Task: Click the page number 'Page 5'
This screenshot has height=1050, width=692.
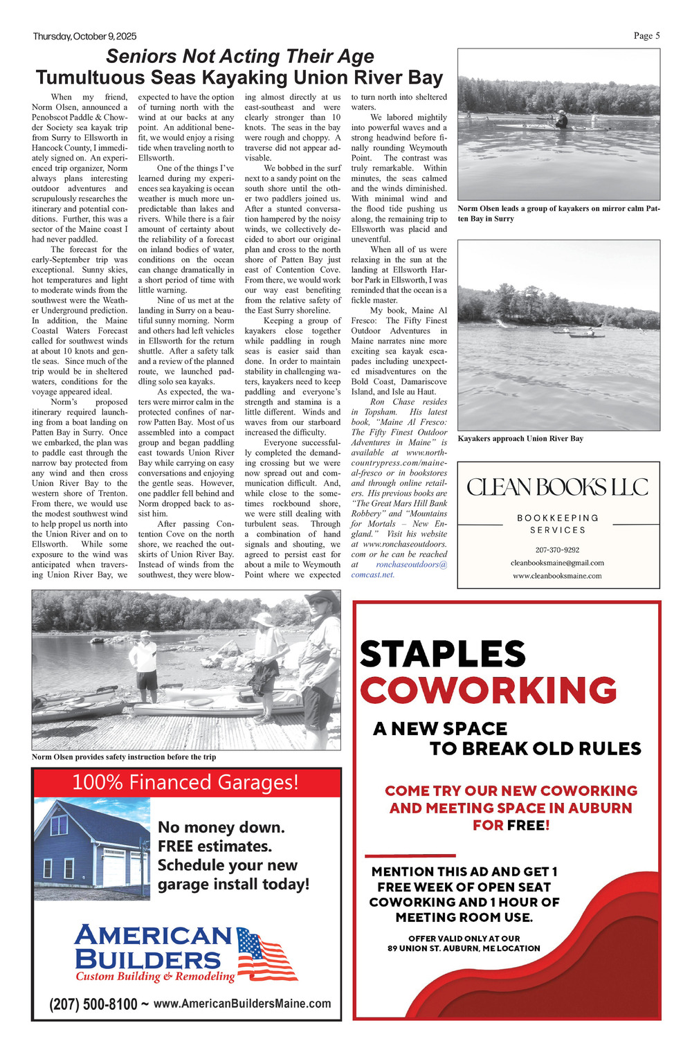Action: pos(646,36)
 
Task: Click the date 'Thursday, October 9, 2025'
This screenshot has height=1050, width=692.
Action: pos(84,37)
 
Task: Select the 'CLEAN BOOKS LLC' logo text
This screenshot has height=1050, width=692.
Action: pos(558,487)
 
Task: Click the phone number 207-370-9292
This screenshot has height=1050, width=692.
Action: pos(557,550)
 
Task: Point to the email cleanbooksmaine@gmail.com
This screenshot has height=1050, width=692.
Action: pos(557,563)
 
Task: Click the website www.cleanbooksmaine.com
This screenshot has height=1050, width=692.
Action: pos(557,575)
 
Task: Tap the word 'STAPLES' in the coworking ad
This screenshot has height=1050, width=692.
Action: pos(443,654)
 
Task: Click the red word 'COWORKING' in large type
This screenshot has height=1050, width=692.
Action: pos(488,690)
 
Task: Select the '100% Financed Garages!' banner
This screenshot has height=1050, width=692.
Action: pos(185,782)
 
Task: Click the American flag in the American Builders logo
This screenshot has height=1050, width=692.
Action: pos(266,954)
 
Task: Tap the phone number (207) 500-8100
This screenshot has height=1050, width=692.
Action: pos(93,1004)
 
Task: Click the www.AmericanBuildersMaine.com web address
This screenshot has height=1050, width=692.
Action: pos(242,1003)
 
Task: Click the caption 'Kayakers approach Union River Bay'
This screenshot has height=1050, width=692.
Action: pos(520,438)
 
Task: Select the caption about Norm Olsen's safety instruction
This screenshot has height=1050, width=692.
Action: pos(124,757)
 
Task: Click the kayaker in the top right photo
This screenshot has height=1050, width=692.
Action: pos(561,120)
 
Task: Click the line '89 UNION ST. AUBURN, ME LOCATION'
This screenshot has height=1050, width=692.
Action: pos(464,948)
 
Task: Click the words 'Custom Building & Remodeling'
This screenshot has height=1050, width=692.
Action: pos(155,977)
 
